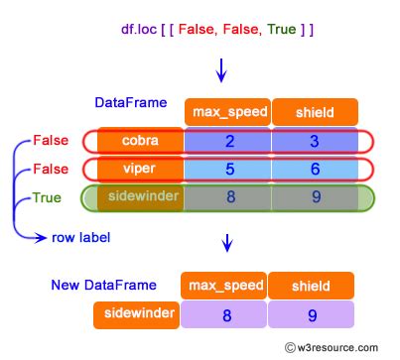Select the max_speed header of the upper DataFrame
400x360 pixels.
point(226,113)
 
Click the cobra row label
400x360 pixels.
point(140,141)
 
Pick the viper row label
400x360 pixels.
point(140,169)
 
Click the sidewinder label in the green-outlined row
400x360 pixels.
point(140,197)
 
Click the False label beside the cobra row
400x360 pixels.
point(51,141)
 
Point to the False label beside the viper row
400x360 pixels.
point(51,169)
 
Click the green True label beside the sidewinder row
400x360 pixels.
point(47,197)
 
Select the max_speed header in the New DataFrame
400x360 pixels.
point(223,287)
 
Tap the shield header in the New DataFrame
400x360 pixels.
point(311,287)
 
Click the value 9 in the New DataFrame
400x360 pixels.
point(312,316)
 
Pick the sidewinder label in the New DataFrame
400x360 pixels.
point(136,316)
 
